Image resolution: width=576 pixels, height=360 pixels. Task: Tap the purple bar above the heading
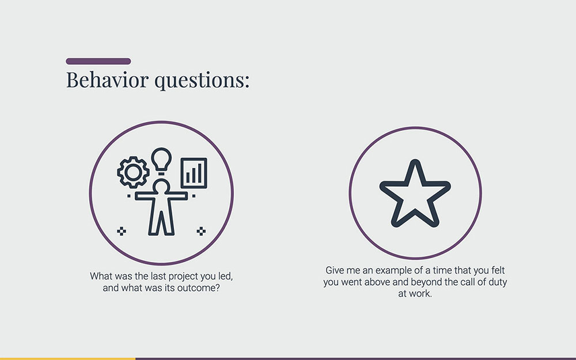98,61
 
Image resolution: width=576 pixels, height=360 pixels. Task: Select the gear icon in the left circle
133,172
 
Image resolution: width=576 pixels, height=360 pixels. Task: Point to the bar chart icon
194,172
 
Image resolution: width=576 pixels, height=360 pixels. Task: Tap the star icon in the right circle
415,194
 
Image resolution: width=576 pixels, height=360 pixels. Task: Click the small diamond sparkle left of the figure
122,231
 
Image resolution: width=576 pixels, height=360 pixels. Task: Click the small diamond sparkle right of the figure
201,231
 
